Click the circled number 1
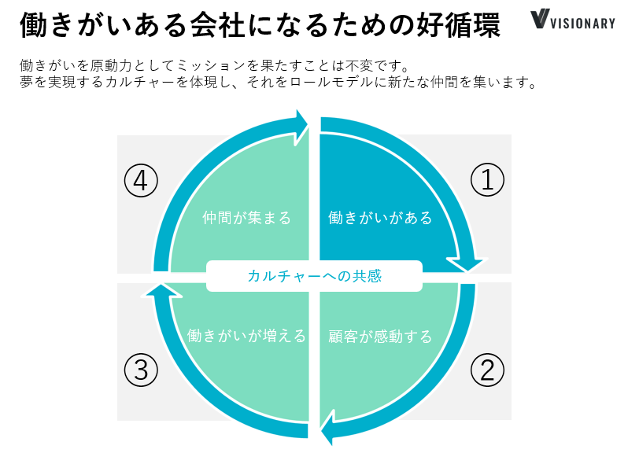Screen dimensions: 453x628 point(486,181)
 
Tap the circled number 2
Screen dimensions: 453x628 point(486,369)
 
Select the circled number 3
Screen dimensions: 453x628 point(141,369)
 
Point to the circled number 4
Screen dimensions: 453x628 point(141,181)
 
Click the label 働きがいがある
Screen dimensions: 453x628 point(380,218)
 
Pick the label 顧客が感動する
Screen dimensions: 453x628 point(380,337)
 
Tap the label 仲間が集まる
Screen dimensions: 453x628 point(246,218)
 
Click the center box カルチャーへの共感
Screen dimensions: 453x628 point(314,276)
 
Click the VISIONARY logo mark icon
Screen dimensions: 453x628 point(541,20)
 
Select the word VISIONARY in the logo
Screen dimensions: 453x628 point(584,23)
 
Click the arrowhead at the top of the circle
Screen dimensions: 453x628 point(299,123)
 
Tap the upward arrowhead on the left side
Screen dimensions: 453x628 point(158,293)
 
